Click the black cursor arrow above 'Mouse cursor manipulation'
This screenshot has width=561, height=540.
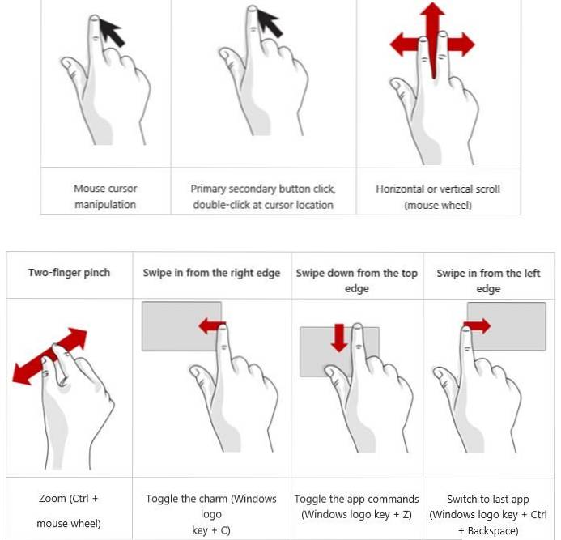[113, 32]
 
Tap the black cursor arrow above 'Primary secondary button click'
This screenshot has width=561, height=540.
[271, 23]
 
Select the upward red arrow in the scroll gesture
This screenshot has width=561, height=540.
[433, 40]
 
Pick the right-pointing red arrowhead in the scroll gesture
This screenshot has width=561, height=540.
[464, 45]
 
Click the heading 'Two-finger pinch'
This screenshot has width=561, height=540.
[69, 273]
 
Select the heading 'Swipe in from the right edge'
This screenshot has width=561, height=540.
[211, 273]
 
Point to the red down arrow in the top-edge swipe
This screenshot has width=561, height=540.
[339, 338]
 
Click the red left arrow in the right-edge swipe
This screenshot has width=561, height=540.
[212, 326]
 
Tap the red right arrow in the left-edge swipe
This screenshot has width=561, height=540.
[477, 326]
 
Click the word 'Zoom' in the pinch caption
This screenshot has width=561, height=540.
[53, 499]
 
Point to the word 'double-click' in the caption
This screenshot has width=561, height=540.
[221, 205]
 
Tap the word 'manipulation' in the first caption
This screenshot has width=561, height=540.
[105, 205]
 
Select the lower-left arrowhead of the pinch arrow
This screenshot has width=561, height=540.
[22, 373]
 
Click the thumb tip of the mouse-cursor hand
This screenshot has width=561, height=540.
[66, 63]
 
